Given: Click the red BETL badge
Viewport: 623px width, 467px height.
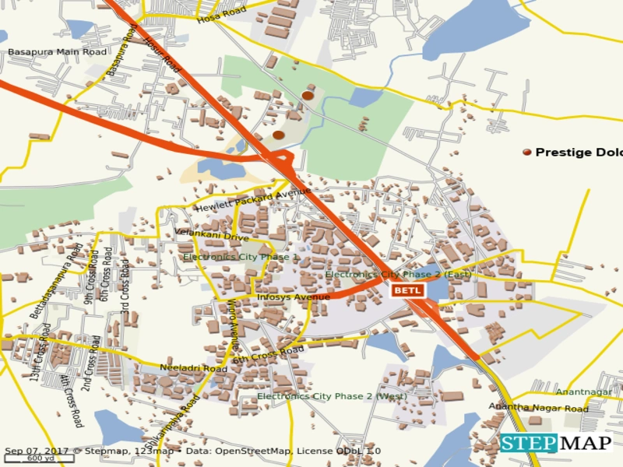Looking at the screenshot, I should click(x=407, y=290).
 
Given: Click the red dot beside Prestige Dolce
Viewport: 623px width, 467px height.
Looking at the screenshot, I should click(x=527, y=153).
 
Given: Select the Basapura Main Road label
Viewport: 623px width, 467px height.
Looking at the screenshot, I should click(x=57, y=52).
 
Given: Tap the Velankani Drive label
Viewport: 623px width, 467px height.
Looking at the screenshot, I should click(x=212, y=235).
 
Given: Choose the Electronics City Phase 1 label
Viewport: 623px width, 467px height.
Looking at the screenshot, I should click(x=241, y=257).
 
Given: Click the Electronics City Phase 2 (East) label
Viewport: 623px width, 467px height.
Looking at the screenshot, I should click(x=398, y=274).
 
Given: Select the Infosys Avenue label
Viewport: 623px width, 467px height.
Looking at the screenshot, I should click(x=294, y=297).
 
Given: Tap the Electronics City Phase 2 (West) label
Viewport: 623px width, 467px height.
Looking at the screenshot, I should click(x=332, y=396).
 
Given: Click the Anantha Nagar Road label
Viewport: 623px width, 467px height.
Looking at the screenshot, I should click(x=538, y=408).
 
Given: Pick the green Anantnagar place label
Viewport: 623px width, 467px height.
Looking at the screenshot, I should click(x=583, y=392).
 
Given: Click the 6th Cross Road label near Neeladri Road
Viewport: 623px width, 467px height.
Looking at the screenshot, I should click(x=267, y=355).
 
